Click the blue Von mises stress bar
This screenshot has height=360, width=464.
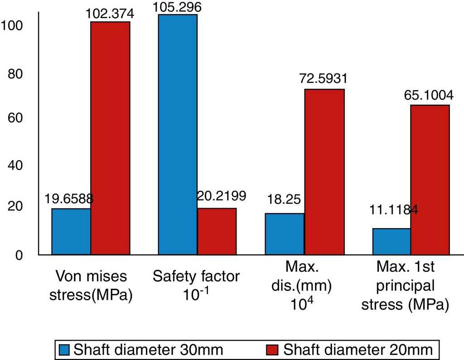[71, 231]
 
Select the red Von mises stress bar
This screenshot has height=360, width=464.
[110, 138]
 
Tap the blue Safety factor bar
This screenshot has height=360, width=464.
[178, 134]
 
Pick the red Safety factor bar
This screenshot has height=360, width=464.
[217, 231]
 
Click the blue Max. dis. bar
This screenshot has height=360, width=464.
[285, 234]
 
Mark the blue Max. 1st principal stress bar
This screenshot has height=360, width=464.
[391, 241]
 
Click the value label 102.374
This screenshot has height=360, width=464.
[110, 15]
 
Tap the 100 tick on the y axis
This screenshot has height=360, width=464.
[11, 25]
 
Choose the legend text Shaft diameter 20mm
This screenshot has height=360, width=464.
[358, 350]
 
